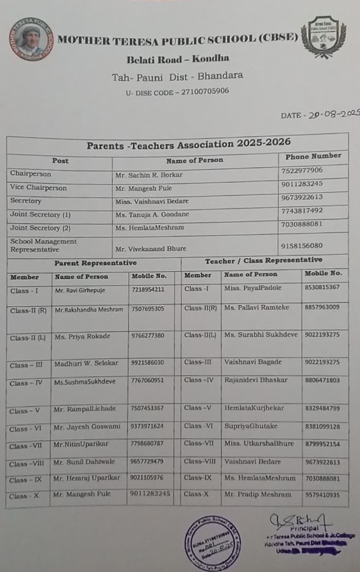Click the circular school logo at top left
pyautogui.click(x=31, y=39)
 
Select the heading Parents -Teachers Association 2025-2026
pyautogui.click(x=188, y=144)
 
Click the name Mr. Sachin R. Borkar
pyautogui.click(x=149, y=175)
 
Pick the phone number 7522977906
pyautogui.click(x=302, y=170)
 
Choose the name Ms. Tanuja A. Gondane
pyautogui.click(x=152, y=214)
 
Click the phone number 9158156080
pyautogui.click(x=302, y=246)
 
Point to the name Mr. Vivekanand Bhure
pyautogui.click(x=151, y=249)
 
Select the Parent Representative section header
pyautogui.click(x=96, y=263)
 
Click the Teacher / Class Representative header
pyautogui.click(x=264, y=261)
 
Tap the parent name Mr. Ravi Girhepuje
pyautogui.click(x=80, y=291)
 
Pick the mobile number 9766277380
pyautogui.click(x=148, y=335)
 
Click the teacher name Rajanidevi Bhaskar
pyautogui.click(x=256, y=380)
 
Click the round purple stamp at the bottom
pyautogui.click(x=212, y=543)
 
